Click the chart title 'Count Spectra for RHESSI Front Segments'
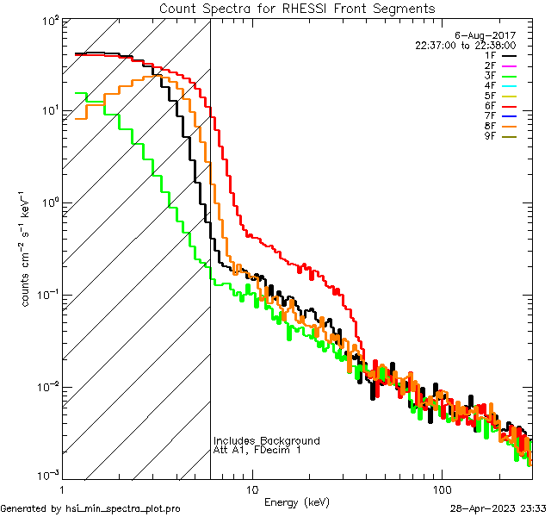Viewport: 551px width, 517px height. (297, 8)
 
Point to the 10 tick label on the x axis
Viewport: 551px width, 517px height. (251, 488)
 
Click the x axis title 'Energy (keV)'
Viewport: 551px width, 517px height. (296, 501)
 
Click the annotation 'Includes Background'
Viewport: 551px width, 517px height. (267, 441)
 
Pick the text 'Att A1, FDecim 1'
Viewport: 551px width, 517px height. (257, 451)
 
